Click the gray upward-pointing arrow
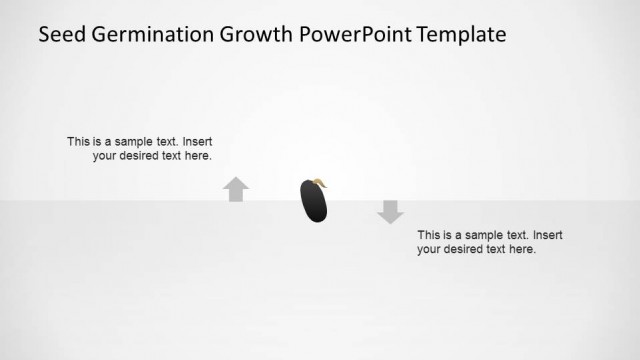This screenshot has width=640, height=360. pyautogui.click(x=236, y=189)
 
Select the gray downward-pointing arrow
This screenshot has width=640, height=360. pyautogui.click(x=390, y=211)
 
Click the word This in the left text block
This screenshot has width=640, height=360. pyautogui.click(x=78, y=142)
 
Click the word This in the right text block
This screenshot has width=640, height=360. pyautogui.click(x=429, y=235)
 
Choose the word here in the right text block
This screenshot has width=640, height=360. pyautogui.click(x=523, y=249)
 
